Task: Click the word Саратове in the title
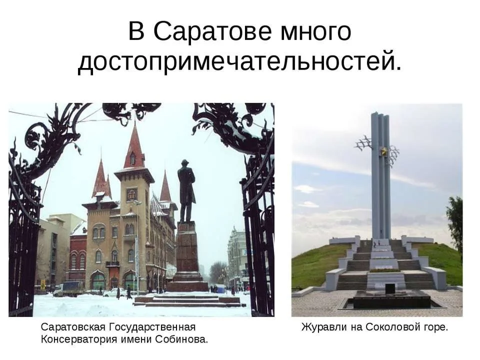click(x=212, y=31)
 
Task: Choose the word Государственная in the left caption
click(x=152, y=327)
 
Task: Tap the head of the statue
click(x=184, y=163)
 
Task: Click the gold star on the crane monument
click(x=383, y=150)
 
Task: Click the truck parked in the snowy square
click(x=68, y=289)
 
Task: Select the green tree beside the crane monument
click(x=455, y=223)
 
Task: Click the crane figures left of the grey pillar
click(x=363, y=144)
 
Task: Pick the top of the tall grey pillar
click(x=380, y=114)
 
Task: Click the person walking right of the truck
click(x=129, y=292)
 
